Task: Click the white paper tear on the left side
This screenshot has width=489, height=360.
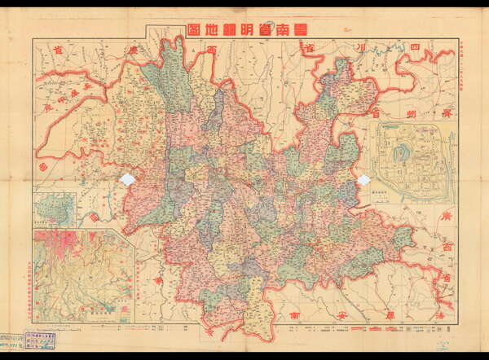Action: [x=127, y=180]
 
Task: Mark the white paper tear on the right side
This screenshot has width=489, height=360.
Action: [x=363, y=179]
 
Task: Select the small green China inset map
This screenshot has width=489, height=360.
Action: [x=55, y=210]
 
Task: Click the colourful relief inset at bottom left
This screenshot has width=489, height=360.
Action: [x=83, y=275]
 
